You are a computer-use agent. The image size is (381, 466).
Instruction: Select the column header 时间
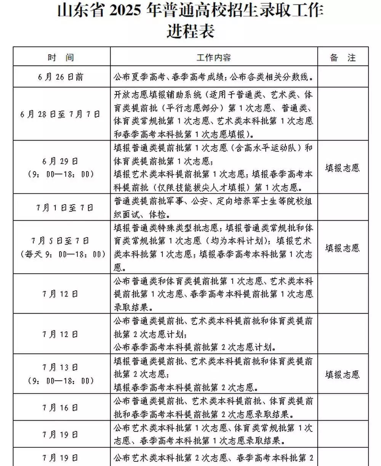pyautogui.click(x=61, y=58)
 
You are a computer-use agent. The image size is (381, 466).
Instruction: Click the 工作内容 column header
pyautogui.click(x=214, y=58)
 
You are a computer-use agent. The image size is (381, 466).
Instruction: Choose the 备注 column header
pyautogui.click(x=343, y=58)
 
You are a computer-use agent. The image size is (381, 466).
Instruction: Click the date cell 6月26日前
pyautogui.click(x=61, y=77)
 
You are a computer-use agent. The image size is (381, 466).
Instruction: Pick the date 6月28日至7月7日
pyautogui.click(x=61, y=114)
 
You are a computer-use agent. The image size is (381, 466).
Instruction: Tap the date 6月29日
pyautogui.click(x=61, y=161)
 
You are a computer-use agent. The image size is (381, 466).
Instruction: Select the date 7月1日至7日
pyautogui.click(x=61, y=208)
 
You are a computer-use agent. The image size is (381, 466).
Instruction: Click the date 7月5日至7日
pyautogui.click(x=61, y=240)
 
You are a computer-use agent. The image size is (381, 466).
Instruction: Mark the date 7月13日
pyautogui.click(x=61, y=368)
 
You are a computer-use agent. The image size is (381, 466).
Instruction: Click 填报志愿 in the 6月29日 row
pyautogui.click(x=343, y=168)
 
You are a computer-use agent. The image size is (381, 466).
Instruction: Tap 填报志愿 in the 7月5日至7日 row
pyautogui.click(x=343, y=248)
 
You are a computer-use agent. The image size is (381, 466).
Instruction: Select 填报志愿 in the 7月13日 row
pyautogui.click(x=343, y=375)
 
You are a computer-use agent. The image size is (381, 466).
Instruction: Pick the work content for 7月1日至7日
pyautogui.click(x=213, y=208)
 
